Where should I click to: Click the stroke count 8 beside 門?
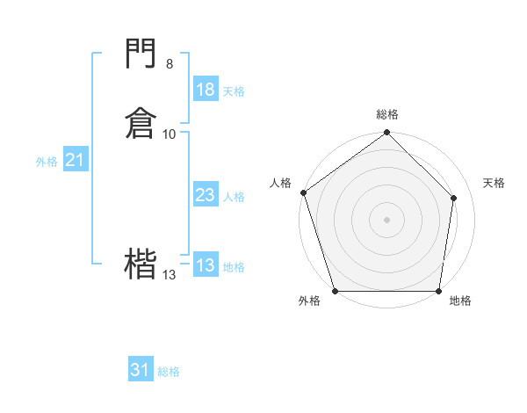click(x=170, y=63)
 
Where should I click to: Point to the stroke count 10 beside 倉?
click(x=170, y=134)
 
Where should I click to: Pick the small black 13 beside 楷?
click(x=169, y=275)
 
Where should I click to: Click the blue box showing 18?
click(x=205, y=90)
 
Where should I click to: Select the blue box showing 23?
click(x=205, y=195)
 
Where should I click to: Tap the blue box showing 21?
click(x=75, y=160)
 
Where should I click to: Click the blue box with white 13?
click(x=205, y=265)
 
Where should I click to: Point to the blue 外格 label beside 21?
click(x=47, y=162)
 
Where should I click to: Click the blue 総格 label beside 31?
click(x=169, y=372)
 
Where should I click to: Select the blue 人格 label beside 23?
click(x=234, y=197)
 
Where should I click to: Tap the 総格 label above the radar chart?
click(x=387, y=114)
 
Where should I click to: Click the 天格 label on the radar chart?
click(x=494, y=183)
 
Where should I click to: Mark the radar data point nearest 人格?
click(x=303, y=192)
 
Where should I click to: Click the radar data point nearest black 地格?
click(x=438, y=291)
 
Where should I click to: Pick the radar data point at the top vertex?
click(x=386, y=134)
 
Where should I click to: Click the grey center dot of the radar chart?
click(x=386, y=220)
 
